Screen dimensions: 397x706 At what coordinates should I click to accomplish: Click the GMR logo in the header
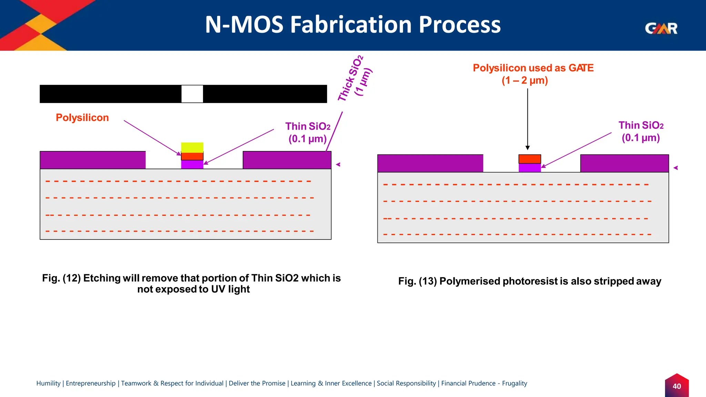tap(661, 28)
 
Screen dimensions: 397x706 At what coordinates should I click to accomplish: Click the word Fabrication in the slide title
tap(351, 25)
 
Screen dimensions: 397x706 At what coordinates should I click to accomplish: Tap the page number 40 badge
tap(677, 386)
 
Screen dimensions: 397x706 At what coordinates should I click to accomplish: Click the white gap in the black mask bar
tap(192, 94)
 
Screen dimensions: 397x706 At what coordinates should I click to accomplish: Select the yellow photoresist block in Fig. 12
tap(192, 147)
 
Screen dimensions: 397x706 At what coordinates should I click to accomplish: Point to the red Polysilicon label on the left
tap(82, 118)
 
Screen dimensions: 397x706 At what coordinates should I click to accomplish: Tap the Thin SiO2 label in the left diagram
tap(307, 132)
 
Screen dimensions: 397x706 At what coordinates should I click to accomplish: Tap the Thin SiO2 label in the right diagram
tap(641, 131)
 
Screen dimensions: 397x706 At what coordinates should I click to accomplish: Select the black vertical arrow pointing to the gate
tap(527, 117)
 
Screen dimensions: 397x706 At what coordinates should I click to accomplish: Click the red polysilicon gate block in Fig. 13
tap(529, 159)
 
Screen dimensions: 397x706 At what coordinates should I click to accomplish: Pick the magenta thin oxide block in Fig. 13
tap(529, 168)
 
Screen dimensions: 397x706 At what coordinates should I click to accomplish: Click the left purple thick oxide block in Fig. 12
tap(92, 160)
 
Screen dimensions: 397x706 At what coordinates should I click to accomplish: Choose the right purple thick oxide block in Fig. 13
tap(624, 163)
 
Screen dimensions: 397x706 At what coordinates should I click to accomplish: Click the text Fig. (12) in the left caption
tap(61, 278)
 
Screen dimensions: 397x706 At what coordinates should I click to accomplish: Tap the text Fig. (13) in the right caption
tap(417, 281)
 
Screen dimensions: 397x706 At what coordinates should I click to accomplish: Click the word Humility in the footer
tap(48, 383)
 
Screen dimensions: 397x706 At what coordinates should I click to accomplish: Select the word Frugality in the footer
tap(514, 383)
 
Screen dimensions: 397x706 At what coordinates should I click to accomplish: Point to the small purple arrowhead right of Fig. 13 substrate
tap(676, 168)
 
